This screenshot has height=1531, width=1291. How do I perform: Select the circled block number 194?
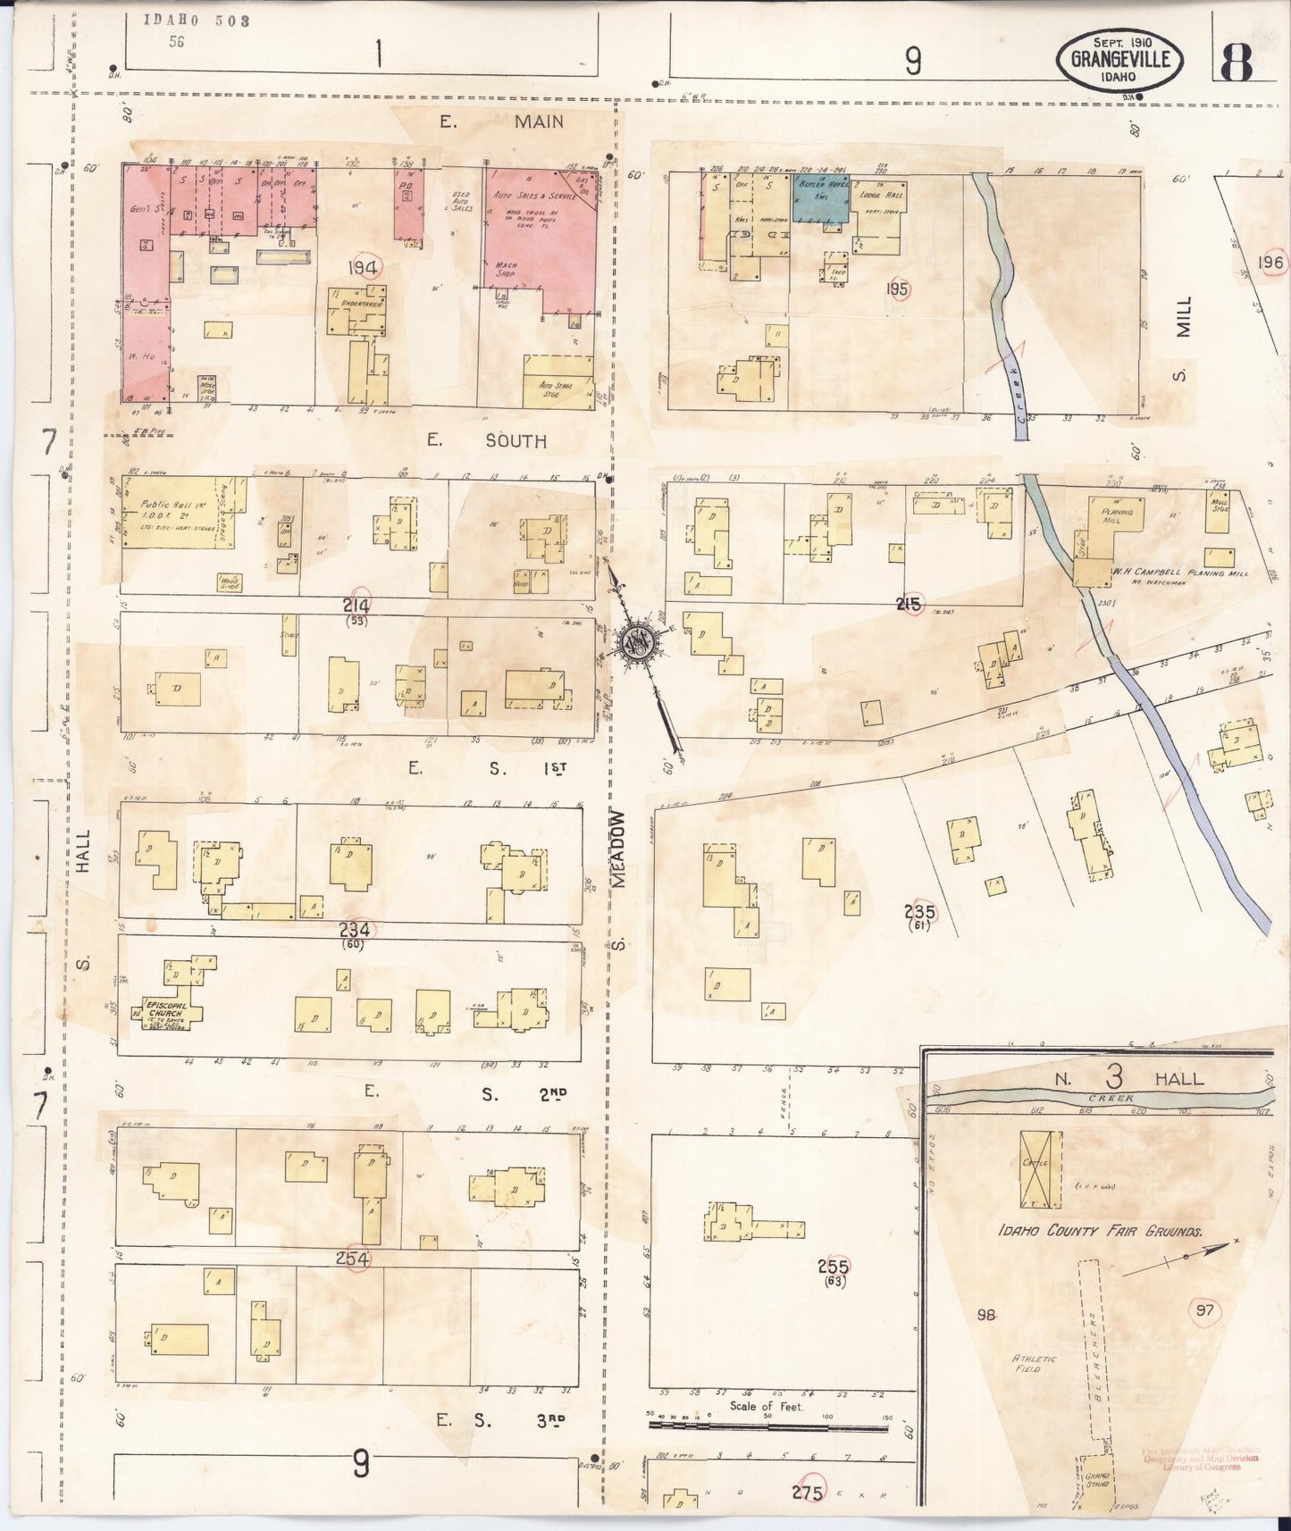(x=365, y=267)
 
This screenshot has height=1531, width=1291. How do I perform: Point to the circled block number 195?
(x=897, y=289)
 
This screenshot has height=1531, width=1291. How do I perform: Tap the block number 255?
(x=833, y=1266)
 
